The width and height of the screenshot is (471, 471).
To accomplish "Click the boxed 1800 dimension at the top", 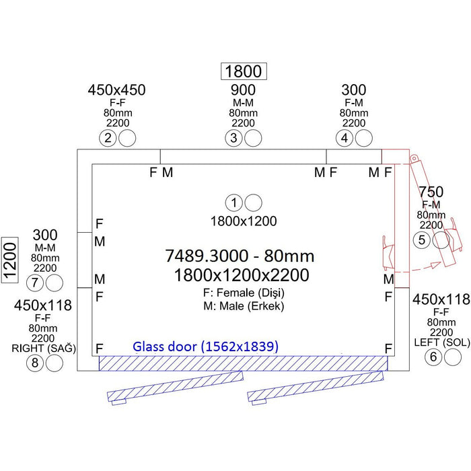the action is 244,71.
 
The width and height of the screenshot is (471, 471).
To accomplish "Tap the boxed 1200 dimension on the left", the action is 10,260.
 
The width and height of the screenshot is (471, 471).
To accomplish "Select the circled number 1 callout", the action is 234,203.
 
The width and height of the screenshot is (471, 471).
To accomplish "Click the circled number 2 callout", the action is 108,138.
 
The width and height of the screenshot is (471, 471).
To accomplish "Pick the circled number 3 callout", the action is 233,138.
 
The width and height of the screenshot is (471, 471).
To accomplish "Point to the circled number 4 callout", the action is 345,138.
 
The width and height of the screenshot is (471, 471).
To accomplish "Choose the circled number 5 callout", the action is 422,240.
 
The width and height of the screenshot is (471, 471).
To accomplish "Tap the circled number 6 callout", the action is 433,357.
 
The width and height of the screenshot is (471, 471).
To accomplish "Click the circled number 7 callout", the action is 35,283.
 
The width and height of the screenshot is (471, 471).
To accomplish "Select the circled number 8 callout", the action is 35,363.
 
